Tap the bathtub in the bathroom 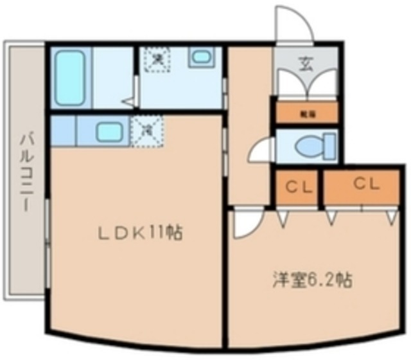[69, 78]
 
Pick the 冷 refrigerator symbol [147, 130]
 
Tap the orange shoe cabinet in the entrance [305, 111]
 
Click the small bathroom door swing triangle [130, 100]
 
